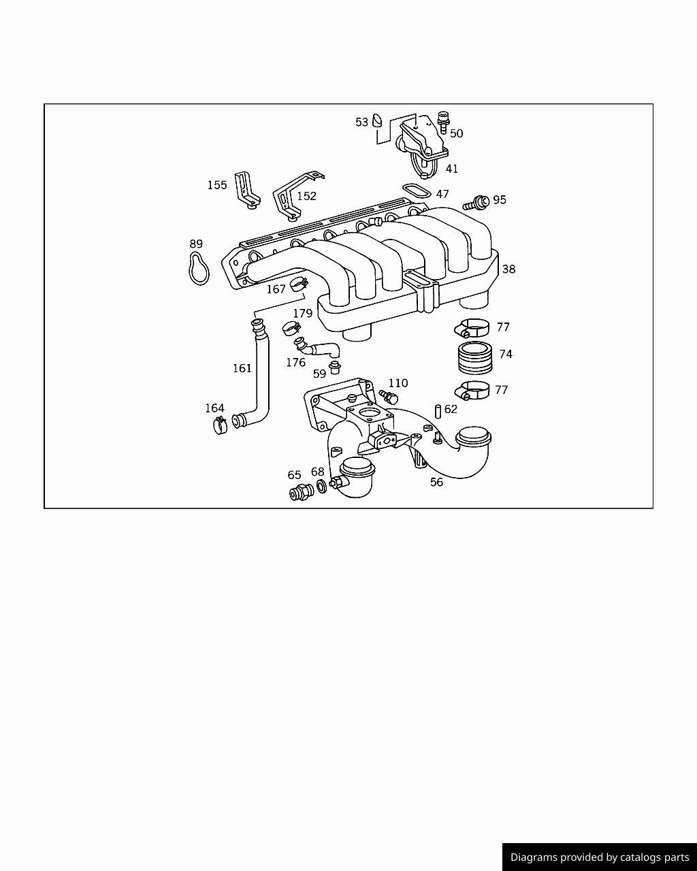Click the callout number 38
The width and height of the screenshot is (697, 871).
(508, 269)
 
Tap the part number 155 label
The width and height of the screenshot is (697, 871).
(217, 185)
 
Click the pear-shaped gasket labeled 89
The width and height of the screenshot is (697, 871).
(199, 268)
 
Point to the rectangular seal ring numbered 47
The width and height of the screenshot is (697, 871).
(417, 191)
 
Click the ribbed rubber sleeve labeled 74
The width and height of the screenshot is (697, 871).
(476, 358)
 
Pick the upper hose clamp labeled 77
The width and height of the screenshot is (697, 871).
(472, 328)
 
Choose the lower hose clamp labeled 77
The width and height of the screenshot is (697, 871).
(472, 391)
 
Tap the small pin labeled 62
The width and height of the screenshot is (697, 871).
(438, 411)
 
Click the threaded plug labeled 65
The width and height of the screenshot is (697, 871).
(302, 492)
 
